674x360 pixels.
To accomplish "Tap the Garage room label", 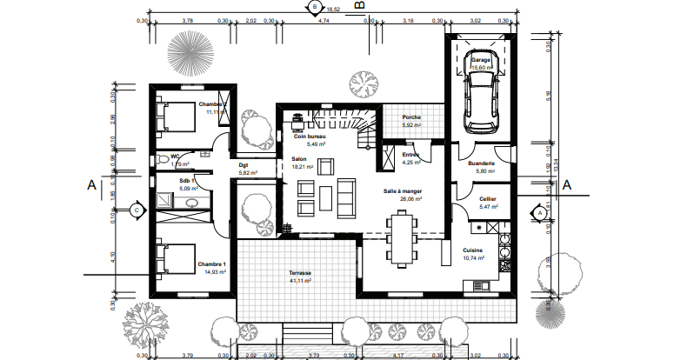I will coord(481,60).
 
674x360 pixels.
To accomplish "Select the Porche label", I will coord(411,118).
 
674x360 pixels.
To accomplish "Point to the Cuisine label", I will coord(473,250).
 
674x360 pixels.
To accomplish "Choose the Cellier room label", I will coord(488,199).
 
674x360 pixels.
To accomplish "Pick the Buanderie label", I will coord(481,163).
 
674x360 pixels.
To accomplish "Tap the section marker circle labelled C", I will coord(136,210).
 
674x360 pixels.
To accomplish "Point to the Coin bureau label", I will coord(309,137).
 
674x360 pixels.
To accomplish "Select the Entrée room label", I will coord(411,155).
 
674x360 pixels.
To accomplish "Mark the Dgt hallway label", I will coord(244,164).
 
